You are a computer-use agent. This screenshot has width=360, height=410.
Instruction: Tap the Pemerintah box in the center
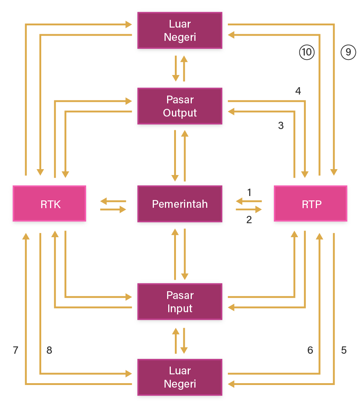[x=180, y=204]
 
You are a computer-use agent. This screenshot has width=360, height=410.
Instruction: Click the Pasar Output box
[x=180, y=107]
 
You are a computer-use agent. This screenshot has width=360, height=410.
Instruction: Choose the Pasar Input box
[x=180, y=302]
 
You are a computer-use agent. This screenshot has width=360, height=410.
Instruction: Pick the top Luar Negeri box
[x=180, y=31]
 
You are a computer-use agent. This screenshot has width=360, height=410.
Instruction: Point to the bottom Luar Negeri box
[x=180, y=378]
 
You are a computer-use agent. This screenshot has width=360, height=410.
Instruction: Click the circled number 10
[x=306, y=53]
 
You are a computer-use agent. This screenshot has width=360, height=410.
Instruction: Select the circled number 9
[x=348, y=53]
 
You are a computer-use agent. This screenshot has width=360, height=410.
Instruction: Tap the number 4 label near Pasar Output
[x=298, y=91]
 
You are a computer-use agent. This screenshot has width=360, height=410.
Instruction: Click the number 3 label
[x=281, y=126]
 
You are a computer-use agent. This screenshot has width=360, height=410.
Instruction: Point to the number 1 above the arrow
[x=249, y=192]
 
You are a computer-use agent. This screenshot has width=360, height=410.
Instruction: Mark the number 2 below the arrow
[x=249, y=220]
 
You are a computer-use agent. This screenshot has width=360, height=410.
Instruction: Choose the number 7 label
[x=15, y=350]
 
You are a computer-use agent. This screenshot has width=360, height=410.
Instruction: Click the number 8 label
[x=49, y=350]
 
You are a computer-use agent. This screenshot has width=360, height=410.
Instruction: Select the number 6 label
[x=310, y=350]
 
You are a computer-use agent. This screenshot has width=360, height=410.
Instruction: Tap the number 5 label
[x=344, y=350]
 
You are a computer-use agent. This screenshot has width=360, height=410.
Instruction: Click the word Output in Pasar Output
[x=180, y=113]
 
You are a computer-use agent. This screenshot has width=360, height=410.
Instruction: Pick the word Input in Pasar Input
[x=180, y=309]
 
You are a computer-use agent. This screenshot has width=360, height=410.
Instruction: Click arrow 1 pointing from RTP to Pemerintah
[x=249, y=201]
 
